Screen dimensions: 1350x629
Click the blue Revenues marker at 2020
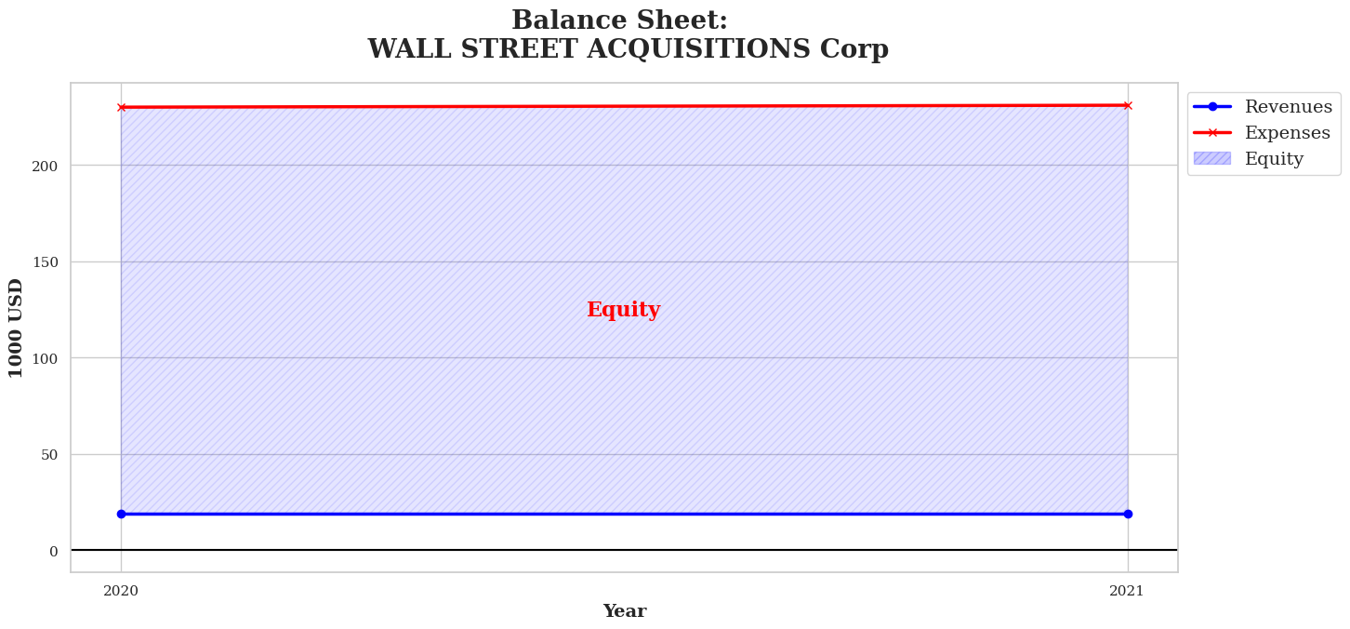pyautogui.click(x=121, y=515)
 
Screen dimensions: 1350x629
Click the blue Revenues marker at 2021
pyautogui.click(x=1128, y=515)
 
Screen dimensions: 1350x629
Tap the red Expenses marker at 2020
pyautogui.click(x=121, y=107)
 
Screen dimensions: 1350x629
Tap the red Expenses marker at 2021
pyautogui.click(x=1128, y=105)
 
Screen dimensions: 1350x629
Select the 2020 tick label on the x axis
pyautogui.click(x=121, y=591)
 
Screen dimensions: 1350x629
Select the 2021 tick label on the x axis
pyautogui.click(x=1127, y=591)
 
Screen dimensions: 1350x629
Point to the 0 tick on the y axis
pyautogui.click(x=54, y=551)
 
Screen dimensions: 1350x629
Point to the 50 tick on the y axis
pyautogui.click(x=49, y=455)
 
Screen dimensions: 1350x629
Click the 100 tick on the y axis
pyautogui.click(x=45, y=358)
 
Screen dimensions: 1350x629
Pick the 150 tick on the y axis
pyautogui.click(x=45, y=261)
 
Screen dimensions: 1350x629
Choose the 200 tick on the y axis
pyautogui.click(x=45, y=166)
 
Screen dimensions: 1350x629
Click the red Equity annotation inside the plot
pyautogui.click(x=624, y=309)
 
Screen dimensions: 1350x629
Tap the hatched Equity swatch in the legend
pyautogui.click(x=1212, y=158)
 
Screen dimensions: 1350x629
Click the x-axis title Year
pyautogui.click(x=625, y=611)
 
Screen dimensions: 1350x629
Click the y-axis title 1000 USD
pyautogui.click(x=16, y=328)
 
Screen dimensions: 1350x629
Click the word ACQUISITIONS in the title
pyautogui.click(x=698, y=48)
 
